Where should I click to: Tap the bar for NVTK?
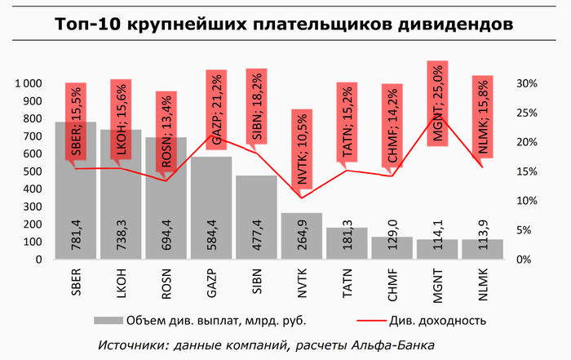[302, 236]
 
